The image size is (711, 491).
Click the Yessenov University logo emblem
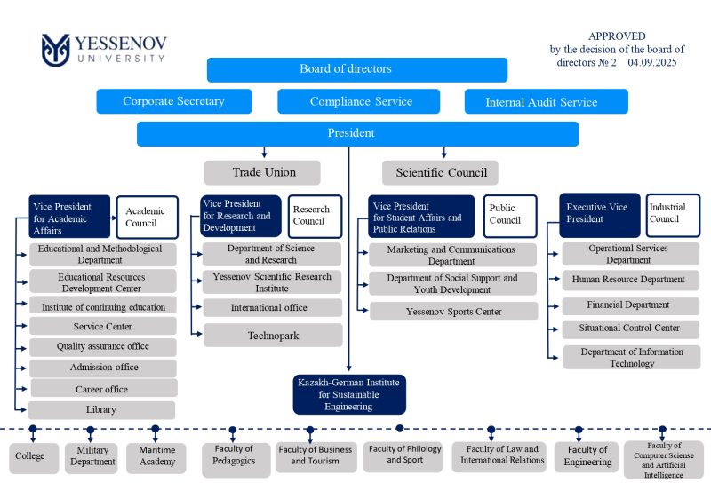click(55, 50)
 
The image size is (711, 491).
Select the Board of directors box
click(356, 69)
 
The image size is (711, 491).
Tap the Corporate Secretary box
click(174, 101)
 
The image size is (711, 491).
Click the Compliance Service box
click(361, 101)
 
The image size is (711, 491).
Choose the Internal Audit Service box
click(546, 101)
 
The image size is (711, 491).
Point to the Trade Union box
click(264, 171)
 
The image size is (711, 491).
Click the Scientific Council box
click(441, 172)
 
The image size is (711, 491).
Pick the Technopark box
click(272, 335)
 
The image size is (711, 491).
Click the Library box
click(101, 410)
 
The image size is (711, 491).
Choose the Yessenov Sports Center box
click(453, 312)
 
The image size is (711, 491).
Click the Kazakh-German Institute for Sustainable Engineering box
click(348, 394)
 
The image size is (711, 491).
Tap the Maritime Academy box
click(156, 456)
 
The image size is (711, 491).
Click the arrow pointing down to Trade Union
click(264, 153)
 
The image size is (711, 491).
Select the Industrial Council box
click(667, 213)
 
